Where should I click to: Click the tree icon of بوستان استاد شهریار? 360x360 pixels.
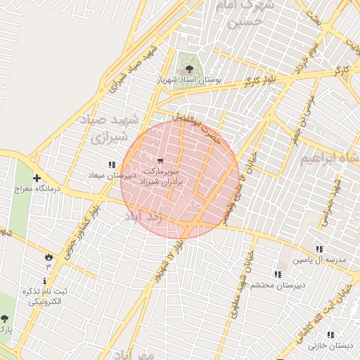click(x=189, y=68)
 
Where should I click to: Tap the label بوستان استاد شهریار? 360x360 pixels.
click(x=189, y=81)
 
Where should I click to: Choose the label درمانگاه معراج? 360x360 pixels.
click(x=36, y=190)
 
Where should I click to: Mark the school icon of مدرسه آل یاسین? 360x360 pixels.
click(x=320, y=248)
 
